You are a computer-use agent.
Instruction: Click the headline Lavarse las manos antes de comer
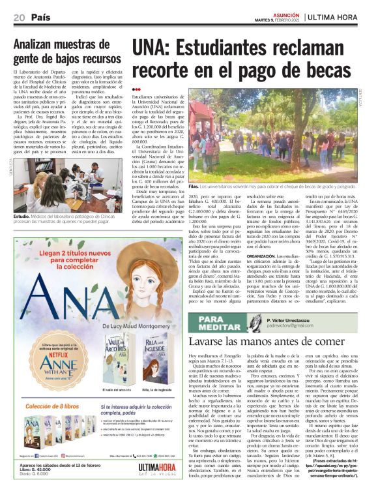tap(267, 342)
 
